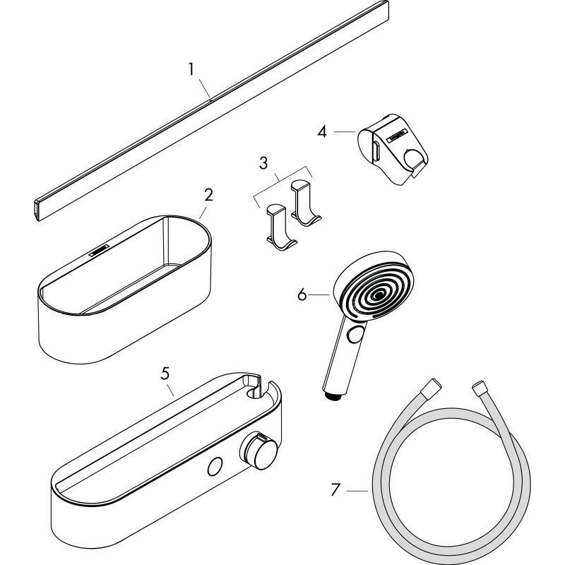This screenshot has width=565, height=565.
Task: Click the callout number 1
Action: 191,69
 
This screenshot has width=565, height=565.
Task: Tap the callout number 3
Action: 263,163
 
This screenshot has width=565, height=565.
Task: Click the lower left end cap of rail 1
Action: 37,210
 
